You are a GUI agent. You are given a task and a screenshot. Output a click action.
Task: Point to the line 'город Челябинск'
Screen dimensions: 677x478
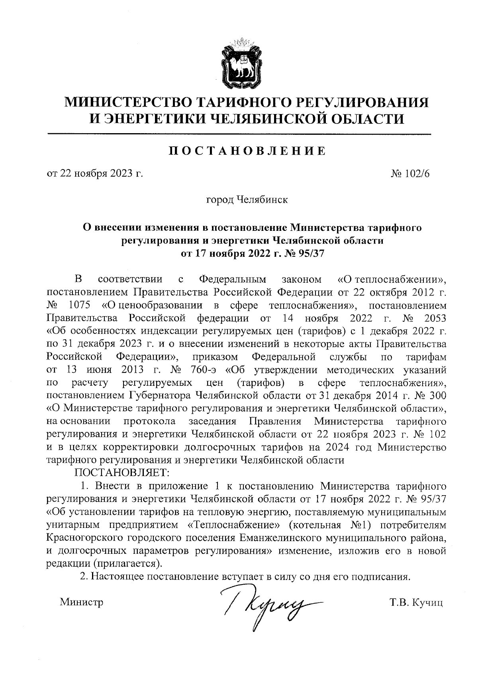pos(247,199)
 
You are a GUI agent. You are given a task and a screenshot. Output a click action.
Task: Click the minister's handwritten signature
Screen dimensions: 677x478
pos(271,599)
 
